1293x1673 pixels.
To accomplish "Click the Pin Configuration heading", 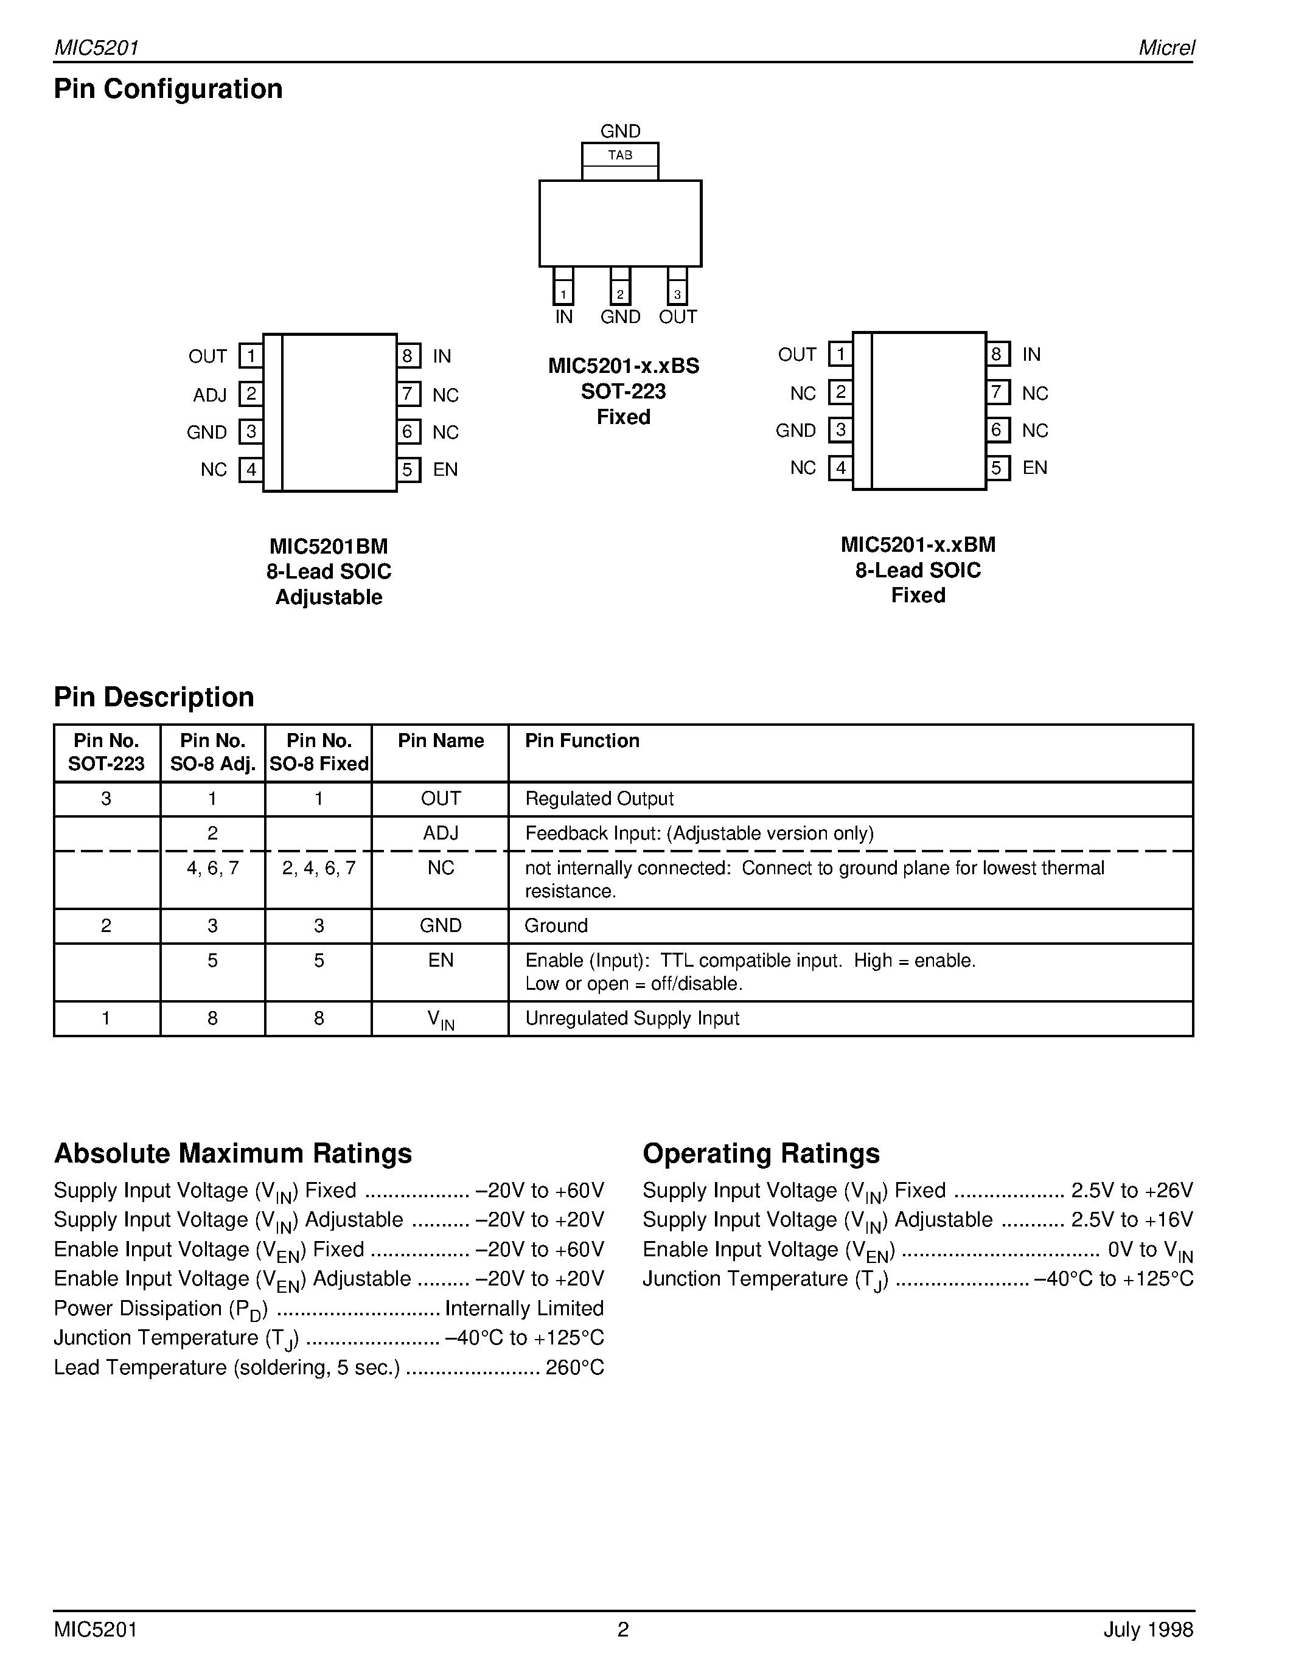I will (x=168, y=89).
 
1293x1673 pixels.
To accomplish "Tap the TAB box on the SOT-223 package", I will (x=619, y=155).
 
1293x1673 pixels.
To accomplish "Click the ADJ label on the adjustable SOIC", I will (x=210, y=395).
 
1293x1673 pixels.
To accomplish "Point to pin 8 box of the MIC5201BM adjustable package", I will (x=408, y=357).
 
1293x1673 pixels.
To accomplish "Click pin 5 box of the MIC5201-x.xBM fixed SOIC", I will (x=997, y=467).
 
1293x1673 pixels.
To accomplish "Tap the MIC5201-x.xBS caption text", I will (x=624, y=366).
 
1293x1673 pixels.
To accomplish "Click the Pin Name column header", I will (x=441, y=741).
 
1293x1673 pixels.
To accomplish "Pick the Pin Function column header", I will (x=581, y=741).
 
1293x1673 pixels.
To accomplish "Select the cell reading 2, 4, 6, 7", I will (x=319, y=868).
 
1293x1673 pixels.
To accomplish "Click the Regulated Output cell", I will (x=599, y=799).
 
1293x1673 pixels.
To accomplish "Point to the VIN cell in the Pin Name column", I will (x=441, y=1019).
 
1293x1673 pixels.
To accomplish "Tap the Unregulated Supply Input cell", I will (x=632, y=1018).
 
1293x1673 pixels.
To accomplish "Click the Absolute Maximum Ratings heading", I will (x=233, y=1153).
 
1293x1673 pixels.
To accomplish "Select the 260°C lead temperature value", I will (x=574, y=1368).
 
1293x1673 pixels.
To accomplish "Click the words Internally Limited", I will (x=524, y=1309).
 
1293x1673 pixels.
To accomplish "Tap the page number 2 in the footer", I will (x=622, y=1629).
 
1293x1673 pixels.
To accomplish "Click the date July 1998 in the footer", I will (x=1148, y=1629).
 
